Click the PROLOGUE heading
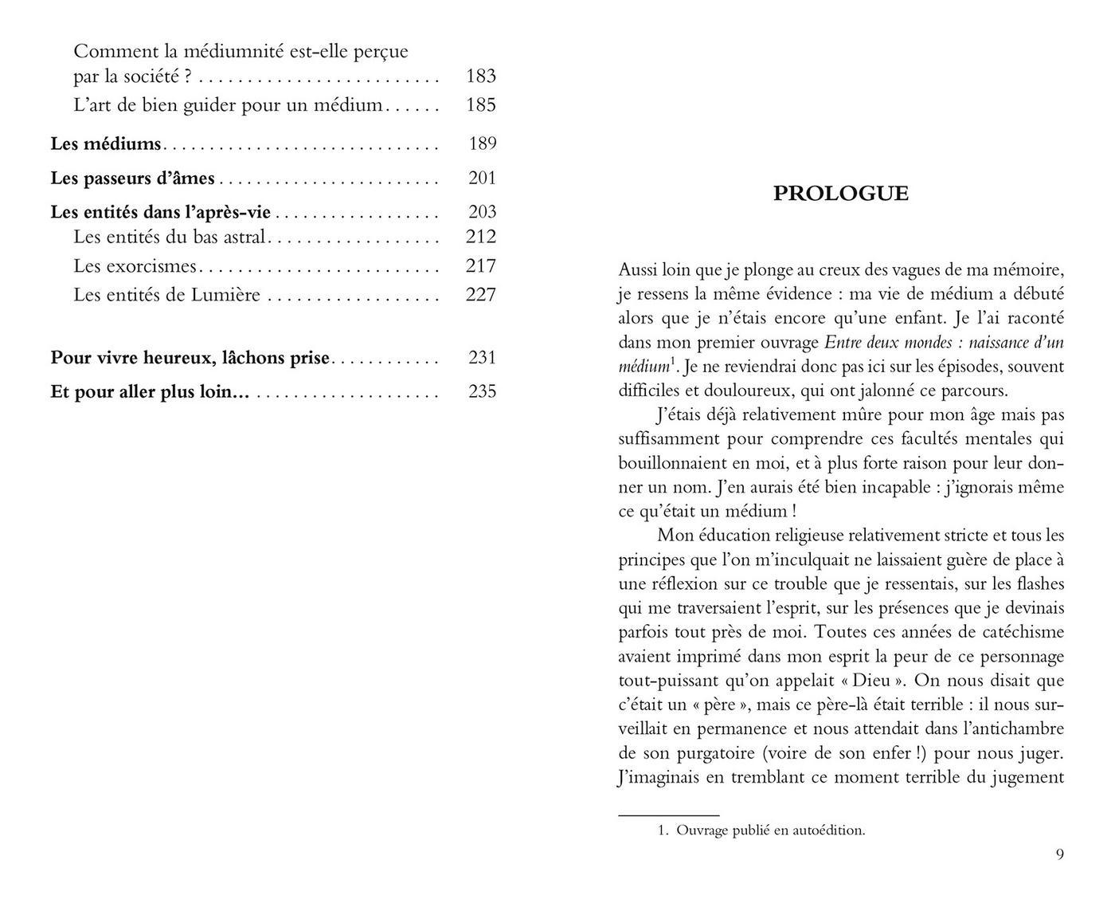(840, 194)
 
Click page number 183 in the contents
(480, 77)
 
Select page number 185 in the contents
(480, 105)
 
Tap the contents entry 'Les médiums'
(106, 144)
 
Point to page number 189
(483, 144)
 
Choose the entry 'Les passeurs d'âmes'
(132, 179)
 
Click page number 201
(483, 179)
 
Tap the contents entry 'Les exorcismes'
(135, 266)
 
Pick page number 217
(480, 266)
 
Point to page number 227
(480, 296)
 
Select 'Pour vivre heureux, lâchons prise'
(190, 358)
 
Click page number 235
(483, 391)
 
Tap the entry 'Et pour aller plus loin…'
(150, 391)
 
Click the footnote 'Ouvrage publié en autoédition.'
(769, 830)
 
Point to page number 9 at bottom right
(1059, 854)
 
